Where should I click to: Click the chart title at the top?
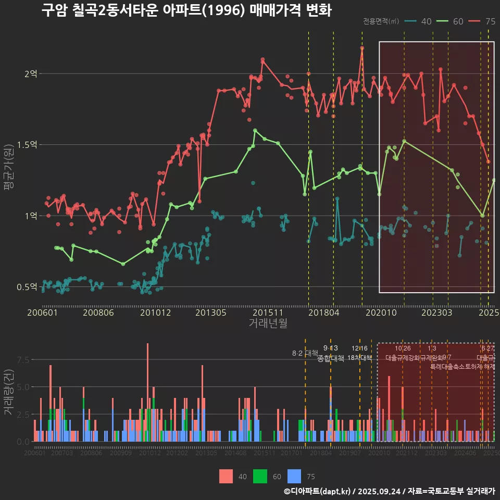click(x=186, y=10)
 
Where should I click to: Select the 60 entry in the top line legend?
click(x=451, y=21)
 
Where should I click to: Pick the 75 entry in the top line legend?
click(x=482, y=21)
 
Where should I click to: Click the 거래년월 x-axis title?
click(x=268, y=323)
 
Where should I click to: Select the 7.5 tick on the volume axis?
click(x=23, y=360)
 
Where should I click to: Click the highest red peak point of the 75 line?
click(x=362, y=48)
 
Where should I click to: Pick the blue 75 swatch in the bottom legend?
click(x=294, y=476)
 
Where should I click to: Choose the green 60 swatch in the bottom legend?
click(x=260, y=476)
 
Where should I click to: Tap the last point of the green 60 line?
click(x=494, y=180)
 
